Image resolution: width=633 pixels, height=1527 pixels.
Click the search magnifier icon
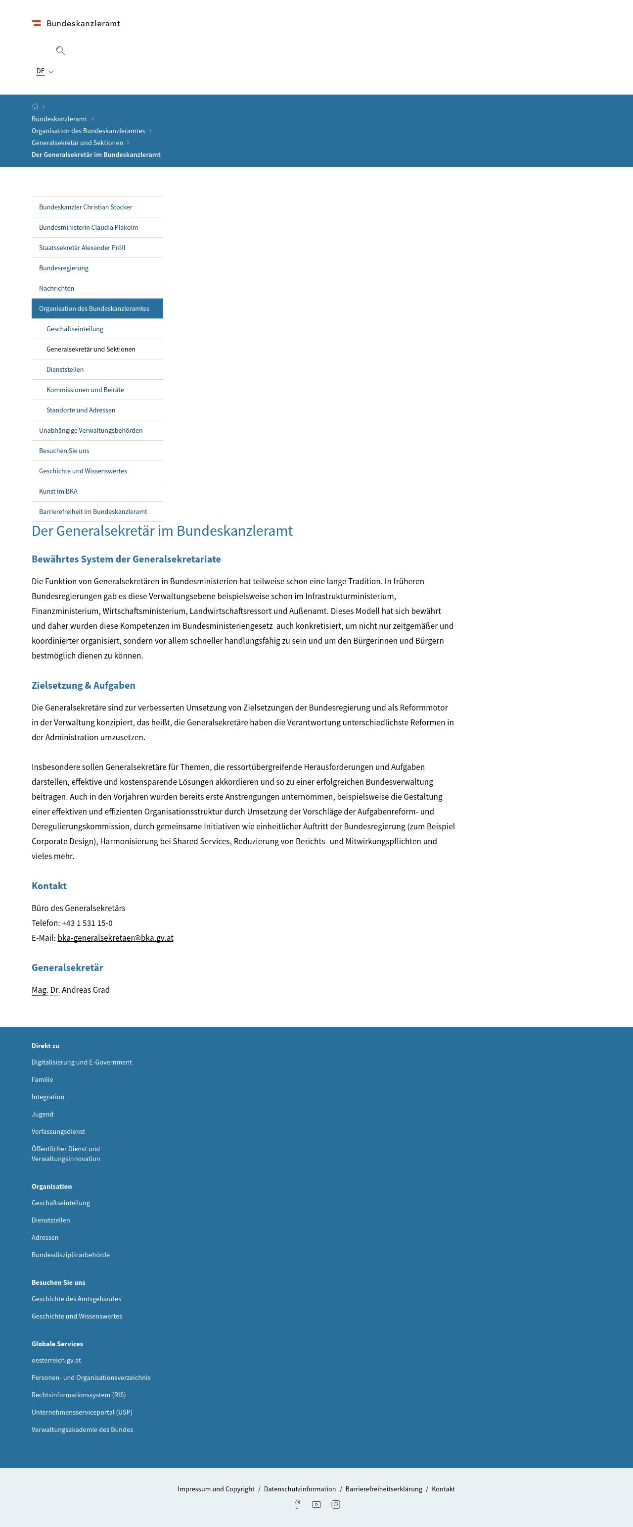[60, 51]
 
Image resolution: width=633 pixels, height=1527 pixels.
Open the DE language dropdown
[45, 71]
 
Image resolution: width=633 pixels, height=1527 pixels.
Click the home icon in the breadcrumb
[35, 106]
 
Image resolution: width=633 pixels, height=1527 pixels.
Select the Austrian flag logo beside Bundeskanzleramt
[37, 24]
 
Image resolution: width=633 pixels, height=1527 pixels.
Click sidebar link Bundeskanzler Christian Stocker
[85, 207]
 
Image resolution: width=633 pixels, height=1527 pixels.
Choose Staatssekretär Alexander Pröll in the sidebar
[82, 248]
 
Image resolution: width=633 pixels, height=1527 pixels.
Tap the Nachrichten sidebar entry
[56, 288]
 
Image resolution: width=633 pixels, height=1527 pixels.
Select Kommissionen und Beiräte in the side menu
[85, 390]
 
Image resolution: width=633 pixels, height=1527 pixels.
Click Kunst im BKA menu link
[58, 491]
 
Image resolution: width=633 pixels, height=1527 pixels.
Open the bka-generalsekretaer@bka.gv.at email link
[115, 938]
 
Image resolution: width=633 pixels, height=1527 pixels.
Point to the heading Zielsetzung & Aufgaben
[84, 685]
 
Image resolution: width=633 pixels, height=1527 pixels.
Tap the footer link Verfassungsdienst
[58, 1131]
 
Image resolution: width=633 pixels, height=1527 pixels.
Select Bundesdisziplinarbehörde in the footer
[70, 1254]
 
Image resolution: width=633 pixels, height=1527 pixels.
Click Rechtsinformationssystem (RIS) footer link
[79, 1395]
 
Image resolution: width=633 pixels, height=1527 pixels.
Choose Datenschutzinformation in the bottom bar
[300, 1488]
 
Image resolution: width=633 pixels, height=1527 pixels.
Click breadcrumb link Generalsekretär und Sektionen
[77, 143]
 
